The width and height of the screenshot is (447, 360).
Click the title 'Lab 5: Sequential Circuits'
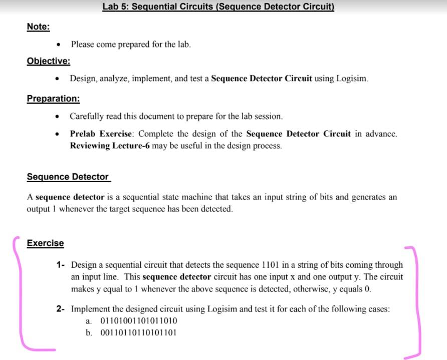click(x=218, y=7)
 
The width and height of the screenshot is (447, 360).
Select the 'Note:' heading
click(x=38, y=27)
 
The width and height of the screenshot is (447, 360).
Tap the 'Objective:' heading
click(x=48, y=61)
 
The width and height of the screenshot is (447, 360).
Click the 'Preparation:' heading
click(x=53, y=99)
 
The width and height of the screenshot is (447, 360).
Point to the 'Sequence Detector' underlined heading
click(x=68, y=177)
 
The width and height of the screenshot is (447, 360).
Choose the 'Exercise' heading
click(x=45, y=243)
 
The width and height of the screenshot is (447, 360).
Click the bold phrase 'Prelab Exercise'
click(x=102, y=134)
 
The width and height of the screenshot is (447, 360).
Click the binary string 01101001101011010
click(x=139, y=321)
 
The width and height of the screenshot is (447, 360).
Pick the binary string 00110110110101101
click(x=139, y=332)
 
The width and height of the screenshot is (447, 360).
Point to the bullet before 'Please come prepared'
click(x=59, y=45)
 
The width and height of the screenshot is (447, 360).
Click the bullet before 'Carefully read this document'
click(x=59, y=117)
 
